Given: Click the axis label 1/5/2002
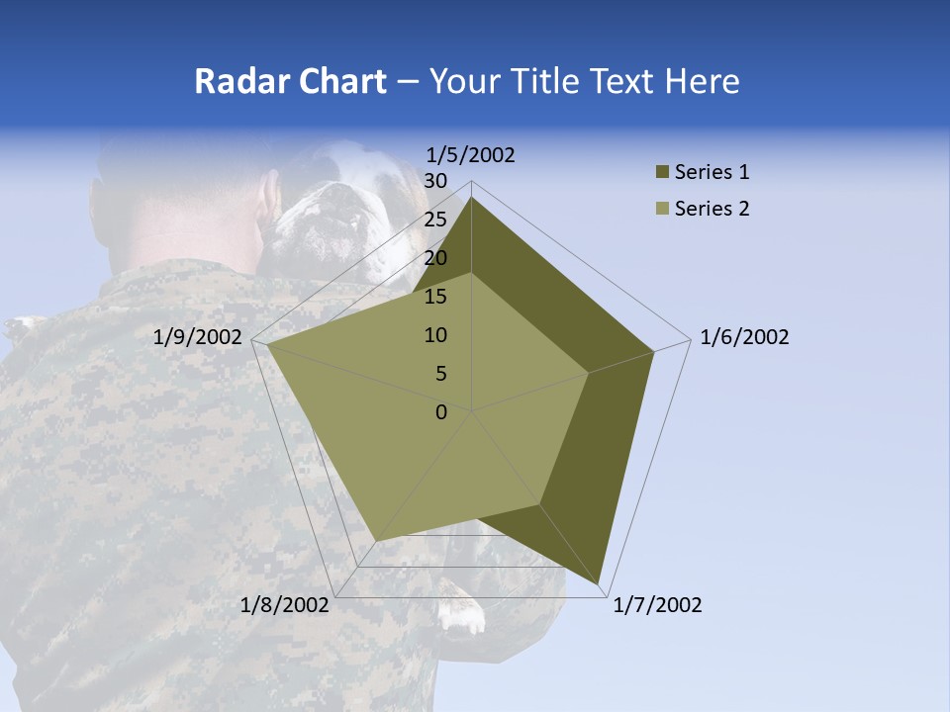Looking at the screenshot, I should (x=471, y=155).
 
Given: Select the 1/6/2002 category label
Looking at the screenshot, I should (x=744, y=337).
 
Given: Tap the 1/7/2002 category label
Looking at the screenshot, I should (x=657, y=605).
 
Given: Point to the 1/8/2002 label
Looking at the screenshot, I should (x=285, y=605).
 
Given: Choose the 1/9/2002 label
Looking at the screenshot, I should (x=198, y=337).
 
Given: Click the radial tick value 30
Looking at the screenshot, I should (x=435, y=181).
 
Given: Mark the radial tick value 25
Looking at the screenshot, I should (x=435, y=220).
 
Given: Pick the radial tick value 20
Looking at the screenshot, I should (x=435, y=258).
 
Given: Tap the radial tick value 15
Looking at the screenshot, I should (x=435, y=297).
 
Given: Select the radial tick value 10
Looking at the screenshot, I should (x=435, y=335).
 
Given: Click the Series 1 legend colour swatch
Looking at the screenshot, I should (x=662, y=173).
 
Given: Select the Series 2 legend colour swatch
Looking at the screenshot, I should (x=662, y=209).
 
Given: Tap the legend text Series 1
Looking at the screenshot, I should (x=712, y=173).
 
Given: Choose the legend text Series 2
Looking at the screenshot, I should (x=712, y=209).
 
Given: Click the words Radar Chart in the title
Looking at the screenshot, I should (x=290, y=81).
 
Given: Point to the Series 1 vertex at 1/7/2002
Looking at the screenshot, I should (x=599, y=582).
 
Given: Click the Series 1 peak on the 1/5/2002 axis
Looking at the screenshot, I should (x=471, y=198).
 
